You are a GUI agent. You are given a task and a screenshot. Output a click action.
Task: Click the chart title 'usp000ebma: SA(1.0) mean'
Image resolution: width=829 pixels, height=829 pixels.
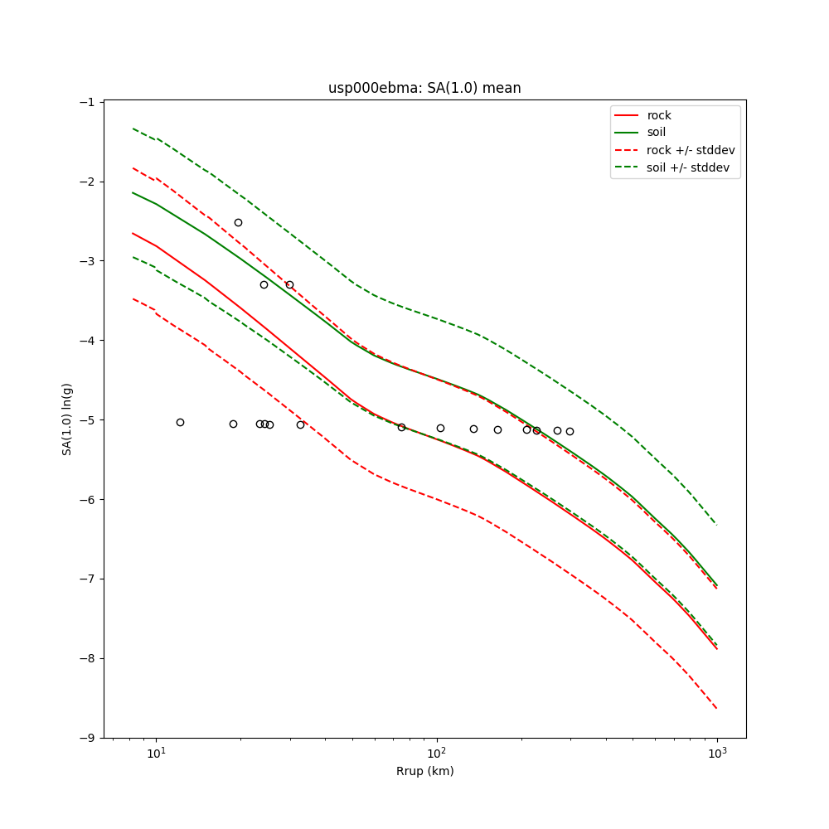424,88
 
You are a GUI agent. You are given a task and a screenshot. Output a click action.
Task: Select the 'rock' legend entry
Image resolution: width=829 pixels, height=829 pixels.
659,115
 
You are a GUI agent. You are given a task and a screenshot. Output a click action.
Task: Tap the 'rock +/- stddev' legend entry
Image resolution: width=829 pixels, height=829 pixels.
690,150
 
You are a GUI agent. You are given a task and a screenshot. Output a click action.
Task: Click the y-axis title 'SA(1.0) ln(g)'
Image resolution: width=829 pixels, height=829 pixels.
66,419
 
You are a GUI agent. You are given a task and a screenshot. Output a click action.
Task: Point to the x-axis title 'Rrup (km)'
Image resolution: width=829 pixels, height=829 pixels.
424,771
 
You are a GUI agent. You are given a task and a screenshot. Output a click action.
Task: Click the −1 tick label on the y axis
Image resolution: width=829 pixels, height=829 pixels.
87,102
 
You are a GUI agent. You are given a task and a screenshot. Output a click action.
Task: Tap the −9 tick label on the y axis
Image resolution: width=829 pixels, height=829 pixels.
87,738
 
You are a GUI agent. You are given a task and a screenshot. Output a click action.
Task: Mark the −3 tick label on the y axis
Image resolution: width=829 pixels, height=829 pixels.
87,261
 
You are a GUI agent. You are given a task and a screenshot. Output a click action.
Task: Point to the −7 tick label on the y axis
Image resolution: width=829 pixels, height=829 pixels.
87,579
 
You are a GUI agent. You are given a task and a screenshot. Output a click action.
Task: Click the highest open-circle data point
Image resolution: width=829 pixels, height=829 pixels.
238,222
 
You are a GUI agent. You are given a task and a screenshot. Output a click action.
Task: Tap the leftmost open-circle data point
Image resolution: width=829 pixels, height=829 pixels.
180,422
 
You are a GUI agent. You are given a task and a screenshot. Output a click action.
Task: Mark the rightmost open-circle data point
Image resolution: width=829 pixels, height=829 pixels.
570,431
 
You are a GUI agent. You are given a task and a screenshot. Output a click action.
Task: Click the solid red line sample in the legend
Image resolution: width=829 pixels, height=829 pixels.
627,115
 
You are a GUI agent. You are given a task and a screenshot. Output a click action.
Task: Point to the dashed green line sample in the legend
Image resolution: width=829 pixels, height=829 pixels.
627,167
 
